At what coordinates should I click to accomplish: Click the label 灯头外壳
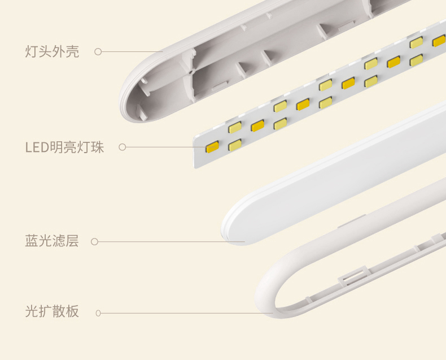(52, 52)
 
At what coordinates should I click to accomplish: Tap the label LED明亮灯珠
(64, 148)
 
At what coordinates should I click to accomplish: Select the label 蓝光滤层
(51, 241)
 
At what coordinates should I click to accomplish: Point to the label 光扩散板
(52, 312)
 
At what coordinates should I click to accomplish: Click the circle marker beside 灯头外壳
(98, 52)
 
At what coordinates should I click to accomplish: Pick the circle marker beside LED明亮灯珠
(122, 148)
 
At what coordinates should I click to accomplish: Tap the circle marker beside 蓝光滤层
(94, 242)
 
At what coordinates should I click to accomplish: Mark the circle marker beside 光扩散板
(98, 313)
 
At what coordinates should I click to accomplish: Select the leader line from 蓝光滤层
(169, 242)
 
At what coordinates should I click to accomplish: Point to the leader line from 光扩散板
(186, 313)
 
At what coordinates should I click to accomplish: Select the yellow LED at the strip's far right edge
(439, 41)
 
